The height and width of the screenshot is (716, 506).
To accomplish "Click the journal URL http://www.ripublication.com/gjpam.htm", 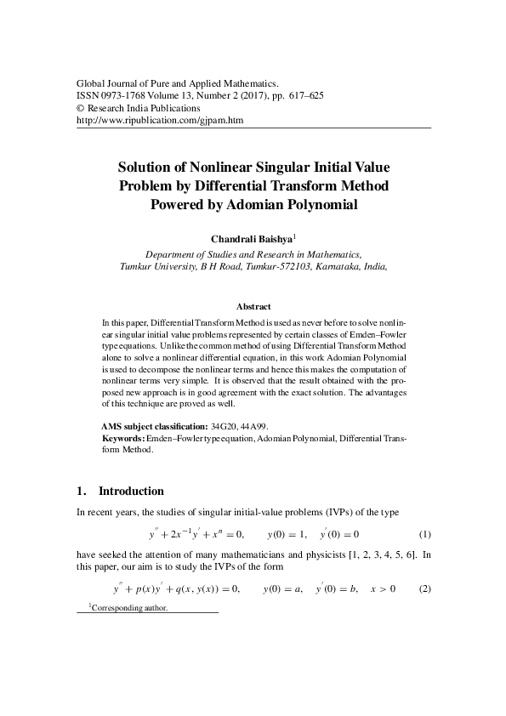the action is (160, 122).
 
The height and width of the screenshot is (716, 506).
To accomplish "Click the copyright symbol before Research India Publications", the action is (81, 109).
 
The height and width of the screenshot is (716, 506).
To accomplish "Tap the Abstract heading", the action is (253, 306).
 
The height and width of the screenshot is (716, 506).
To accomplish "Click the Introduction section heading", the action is (131, 492).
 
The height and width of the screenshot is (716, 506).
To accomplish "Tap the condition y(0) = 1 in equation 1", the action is (287, 535).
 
